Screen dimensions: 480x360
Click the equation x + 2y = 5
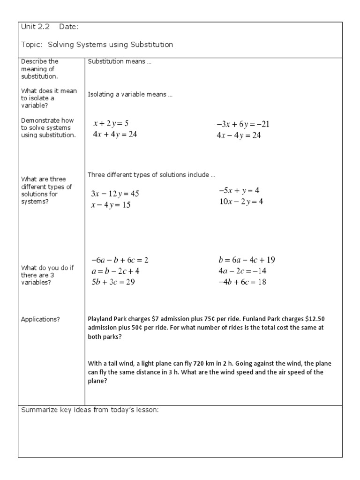[x=111, y=124]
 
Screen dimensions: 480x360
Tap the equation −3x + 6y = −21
[x=243, y=125]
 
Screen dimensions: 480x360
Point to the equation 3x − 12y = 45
[x=115, y=194]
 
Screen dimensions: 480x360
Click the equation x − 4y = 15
[x=111, y=205]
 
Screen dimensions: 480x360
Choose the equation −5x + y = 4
[x=239, y=191]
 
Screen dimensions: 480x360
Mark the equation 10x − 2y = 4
[x=241, y=202]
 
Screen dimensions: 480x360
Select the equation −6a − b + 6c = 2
[x=120, y=260]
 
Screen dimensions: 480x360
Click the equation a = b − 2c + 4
[x=115, y=271]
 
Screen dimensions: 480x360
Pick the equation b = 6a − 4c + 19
[x=250, y=260]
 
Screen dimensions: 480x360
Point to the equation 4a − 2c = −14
[x=242, y=271]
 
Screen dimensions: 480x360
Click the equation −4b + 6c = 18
[x=242, y=282]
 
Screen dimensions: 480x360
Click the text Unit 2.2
[x=36, y=27]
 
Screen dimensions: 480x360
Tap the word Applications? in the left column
[x=40, y=319]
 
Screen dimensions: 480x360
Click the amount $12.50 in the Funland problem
[x=313, y=319]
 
